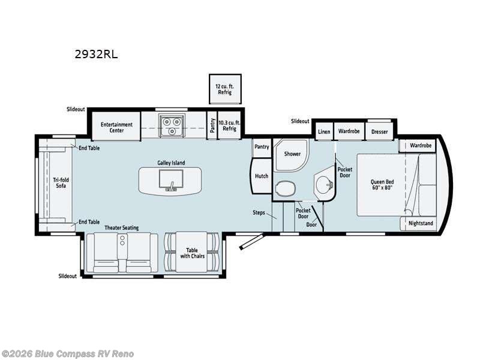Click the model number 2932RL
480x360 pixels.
pyautogui.click(x=95, y=54)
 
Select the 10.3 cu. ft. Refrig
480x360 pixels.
pyautogui.click(x=229, y=125)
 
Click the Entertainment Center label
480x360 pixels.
pyautogui.click(x=116, y=127)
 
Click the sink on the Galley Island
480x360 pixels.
pyautogui.click(x=170, y=180)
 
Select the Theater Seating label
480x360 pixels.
pyautogui.click(x=122, y=227)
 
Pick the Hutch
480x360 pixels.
pyautogui.click(x=261, y=176)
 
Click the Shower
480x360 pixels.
pyautogui.click(x=292, y=154)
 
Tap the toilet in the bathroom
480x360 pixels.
pyautogui.click(x=284, y=189)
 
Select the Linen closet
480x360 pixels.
pyautogui.click(x=324, y=131)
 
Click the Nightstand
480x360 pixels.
pyautogui.click(x=420, y=224)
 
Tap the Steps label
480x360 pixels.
pyautogui.click(x=259, y=212)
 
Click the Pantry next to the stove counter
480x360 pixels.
pyautogui.click(x=212, y=125)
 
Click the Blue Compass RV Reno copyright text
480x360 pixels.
pyautogui.click(x=68, y=354)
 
